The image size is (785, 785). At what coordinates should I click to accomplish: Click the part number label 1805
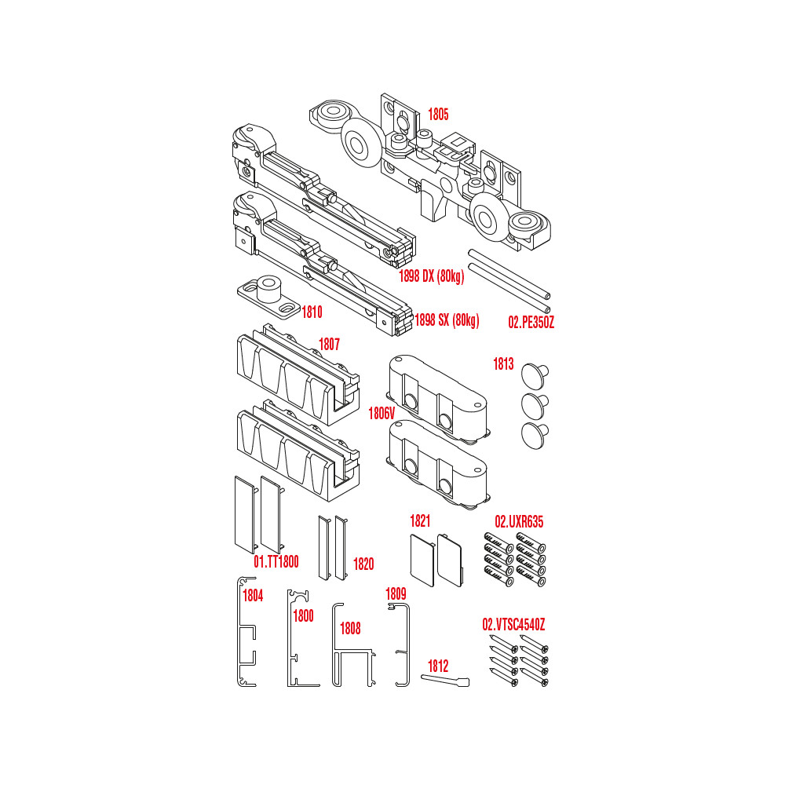coord(438,115)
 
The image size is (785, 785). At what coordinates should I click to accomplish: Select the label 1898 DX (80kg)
coord(432,276)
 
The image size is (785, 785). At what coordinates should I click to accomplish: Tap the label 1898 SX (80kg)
coord(447,320)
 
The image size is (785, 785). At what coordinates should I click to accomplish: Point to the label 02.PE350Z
coord(531,323)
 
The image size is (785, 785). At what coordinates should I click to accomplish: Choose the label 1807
coord(330,345)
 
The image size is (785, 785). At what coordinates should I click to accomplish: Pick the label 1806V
coord(382,414)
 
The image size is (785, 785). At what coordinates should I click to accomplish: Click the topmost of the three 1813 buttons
coord(535,375)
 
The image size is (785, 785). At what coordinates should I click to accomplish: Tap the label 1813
coord(504,364)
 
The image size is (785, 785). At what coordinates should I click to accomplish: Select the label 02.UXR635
coord(519,522)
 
